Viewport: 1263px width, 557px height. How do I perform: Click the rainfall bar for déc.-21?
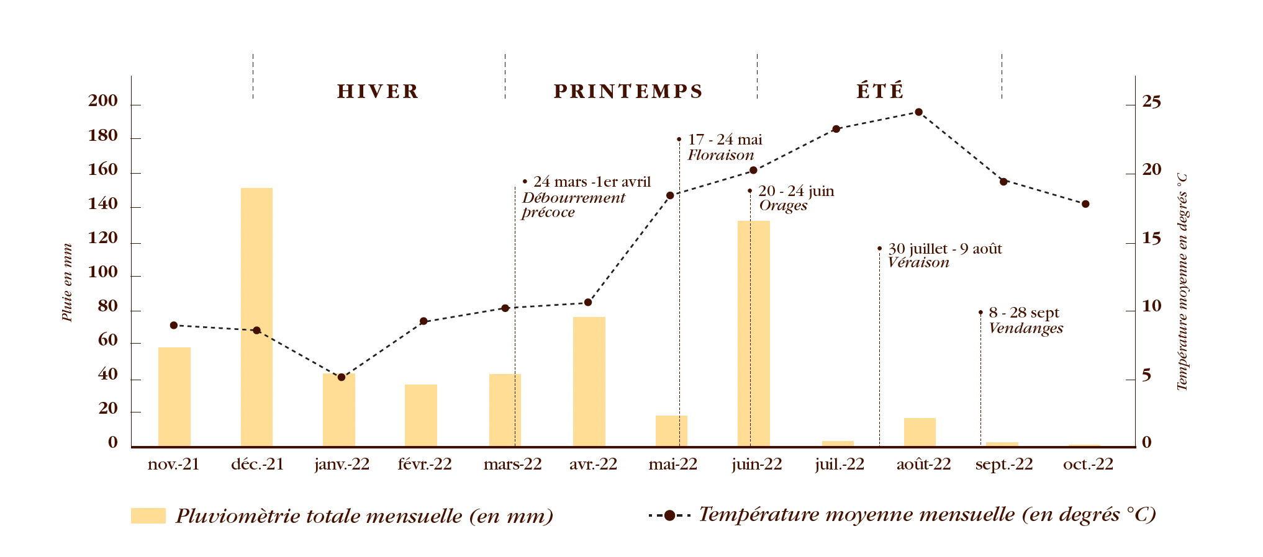[256, 316]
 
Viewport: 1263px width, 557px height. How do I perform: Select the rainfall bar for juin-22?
[753, 333]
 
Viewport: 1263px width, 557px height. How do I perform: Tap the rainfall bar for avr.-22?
[589, 381]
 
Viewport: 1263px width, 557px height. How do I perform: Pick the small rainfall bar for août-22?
[919, 432]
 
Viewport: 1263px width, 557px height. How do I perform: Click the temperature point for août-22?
[918, 112]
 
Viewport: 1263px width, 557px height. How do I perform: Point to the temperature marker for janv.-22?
[341, 377]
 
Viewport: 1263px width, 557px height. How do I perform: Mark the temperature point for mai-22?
[670, 195]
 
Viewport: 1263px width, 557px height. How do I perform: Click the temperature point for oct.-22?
[1085, 204]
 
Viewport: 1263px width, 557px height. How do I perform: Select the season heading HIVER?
[378, 92]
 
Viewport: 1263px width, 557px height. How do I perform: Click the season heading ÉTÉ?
[880, 92]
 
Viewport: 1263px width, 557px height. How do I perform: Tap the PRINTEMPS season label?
[628, 92]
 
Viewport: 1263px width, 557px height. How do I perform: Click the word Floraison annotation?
[720, 155]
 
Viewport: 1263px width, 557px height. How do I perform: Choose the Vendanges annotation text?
[1025, 328]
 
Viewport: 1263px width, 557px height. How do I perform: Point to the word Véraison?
[918, 262]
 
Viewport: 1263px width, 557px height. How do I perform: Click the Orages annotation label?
[783, 205]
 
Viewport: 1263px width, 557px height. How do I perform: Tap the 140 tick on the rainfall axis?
[102, 205]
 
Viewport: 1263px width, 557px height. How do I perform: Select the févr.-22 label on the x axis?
[425, 465]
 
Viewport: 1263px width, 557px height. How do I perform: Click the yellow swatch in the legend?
[148, 515]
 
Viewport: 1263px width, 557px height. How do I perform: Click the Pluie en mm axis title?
[67, 282]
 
